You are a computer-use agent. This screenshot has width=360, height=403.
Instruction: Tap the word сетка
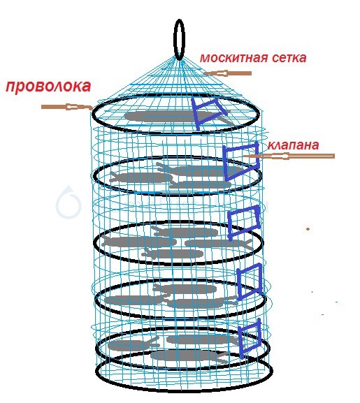(x=289, y=58)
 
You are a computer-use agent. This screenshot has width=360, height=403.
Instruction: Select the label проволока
(x=48, y=87)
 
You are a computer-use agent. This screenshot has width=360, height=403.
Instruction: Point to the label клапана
(x=293, y=145)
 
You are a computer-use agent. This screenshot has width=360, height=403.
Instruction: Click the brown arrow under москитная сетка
(x=227, y=73)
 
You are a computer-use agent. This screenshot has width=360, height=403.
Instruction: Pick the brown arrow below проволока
(x=67, y=107)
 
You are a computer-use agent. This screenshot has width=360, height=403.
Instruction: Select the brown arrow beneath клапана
(x=289, y=156)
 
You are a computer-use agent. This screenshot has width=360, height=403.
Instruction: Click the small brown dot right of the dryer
(x=308, y=228)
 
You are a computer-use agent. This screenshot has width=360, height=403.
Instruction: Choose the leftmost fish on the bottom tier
(x=132, y=345)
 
